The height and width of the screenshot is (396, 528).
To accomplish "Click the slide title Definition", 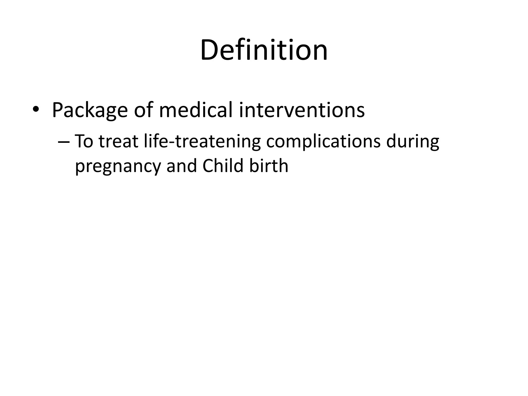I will tap(264, 50).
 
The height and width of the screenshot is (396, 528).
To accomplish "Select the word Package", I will tap(90, 110).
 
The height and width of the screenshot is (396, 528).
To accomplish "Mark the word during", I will tap(412, 142).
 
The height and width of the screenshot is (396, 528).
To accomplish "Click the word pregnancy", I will tap(118, 166).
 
